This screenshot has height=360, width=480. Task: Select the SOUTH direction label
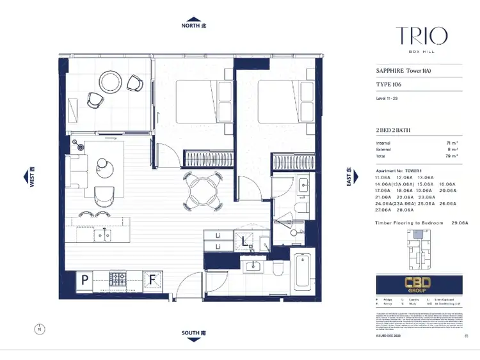point(195,333)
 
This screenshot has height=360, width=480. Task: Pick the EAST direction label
point(349,177)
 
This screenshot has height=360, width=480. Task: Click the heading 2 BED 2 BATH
point(394,130)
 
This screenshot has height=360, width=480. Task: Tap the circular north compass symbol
point(40,330)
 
